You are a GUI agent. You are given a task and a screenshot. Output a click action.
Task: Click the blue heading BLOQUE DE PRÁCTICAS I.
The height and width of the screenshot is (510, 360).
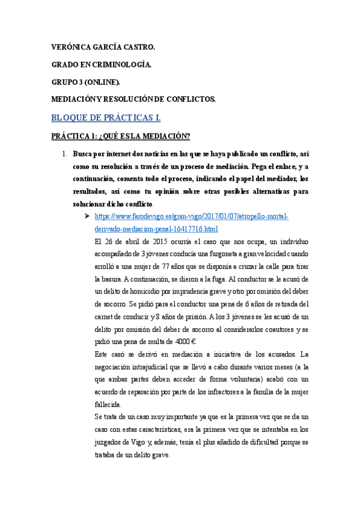[x=106, y=117]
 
